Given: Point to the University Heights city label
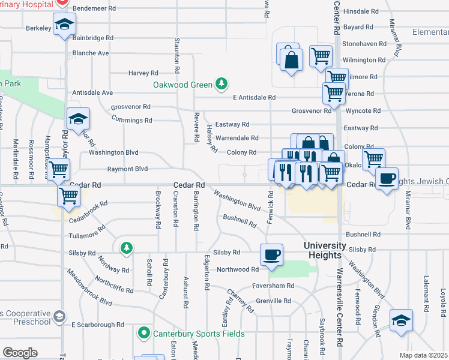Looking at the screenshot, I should point(324,251).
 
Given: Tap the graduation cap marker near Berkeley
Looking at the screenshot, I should point(64,25).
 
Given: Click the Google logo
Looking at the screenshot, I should point(20,353).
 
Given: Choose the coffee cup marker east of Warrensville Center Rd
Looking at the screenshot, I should point(387,178).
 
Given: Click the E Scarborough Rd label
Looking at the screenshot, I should point(97,325).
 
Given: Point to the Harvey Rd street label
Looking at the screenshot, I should point(143,73).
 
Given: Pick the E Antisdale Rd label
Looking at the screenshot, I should point(254,97).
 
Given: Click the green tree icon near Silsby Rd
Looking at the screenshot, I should point(126,247).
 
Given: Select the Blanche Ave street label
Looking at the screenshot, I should point(90,53).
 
